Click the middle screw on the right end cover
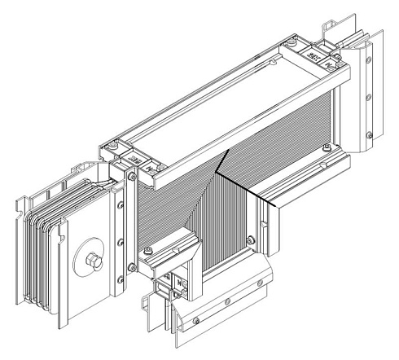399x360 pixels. (369, 95)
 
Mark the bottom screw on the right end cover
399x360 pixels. (369, 132)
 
